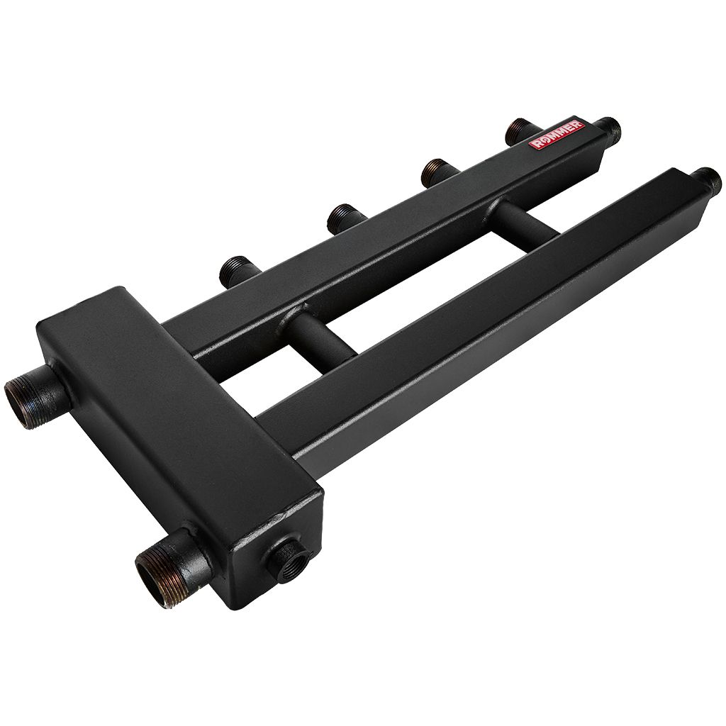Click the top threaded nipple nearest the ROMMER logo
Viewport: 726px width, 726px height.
[521, 131]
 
